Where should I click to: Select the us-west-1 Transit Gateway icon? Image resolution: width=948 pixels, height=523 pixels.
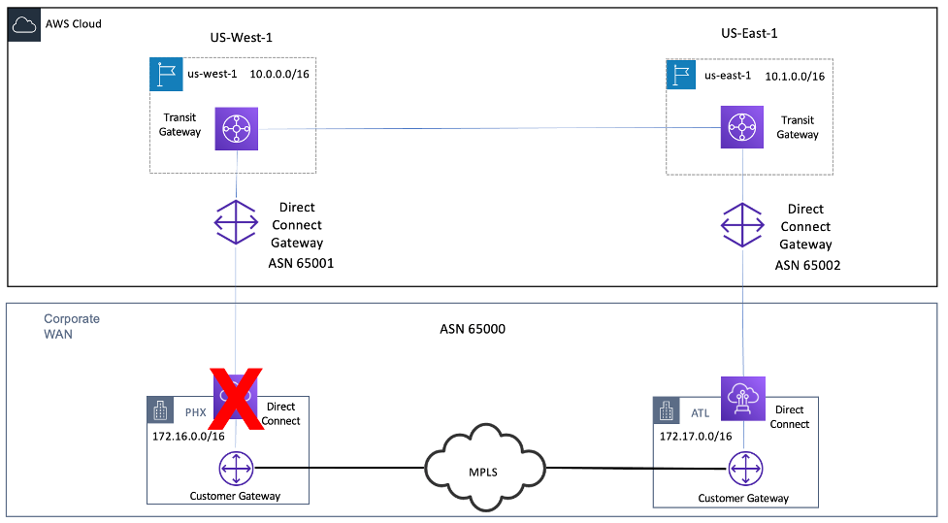236,127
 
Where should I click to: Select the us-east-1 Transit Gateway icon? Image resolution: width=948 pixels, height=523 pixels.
742,127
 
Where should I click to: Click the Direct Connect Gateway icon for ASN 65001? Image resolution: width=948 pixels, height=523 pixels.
236,223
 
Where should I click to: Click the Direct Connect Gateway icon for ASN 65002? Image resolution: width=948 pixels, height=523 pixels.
742,224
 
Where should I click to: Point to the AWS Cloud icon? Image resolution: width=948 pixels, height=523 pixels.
23,24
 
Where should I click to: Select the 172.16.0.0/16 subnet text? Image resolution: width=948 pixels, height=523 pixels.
187,438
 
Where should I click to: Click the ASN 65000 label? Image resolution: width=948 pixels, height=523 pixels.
473,329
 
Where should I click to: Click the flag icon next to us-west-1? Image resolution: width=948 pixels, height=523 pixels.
166,75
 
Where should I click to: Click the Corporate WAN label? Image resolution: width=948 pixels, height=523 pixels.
72,326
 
